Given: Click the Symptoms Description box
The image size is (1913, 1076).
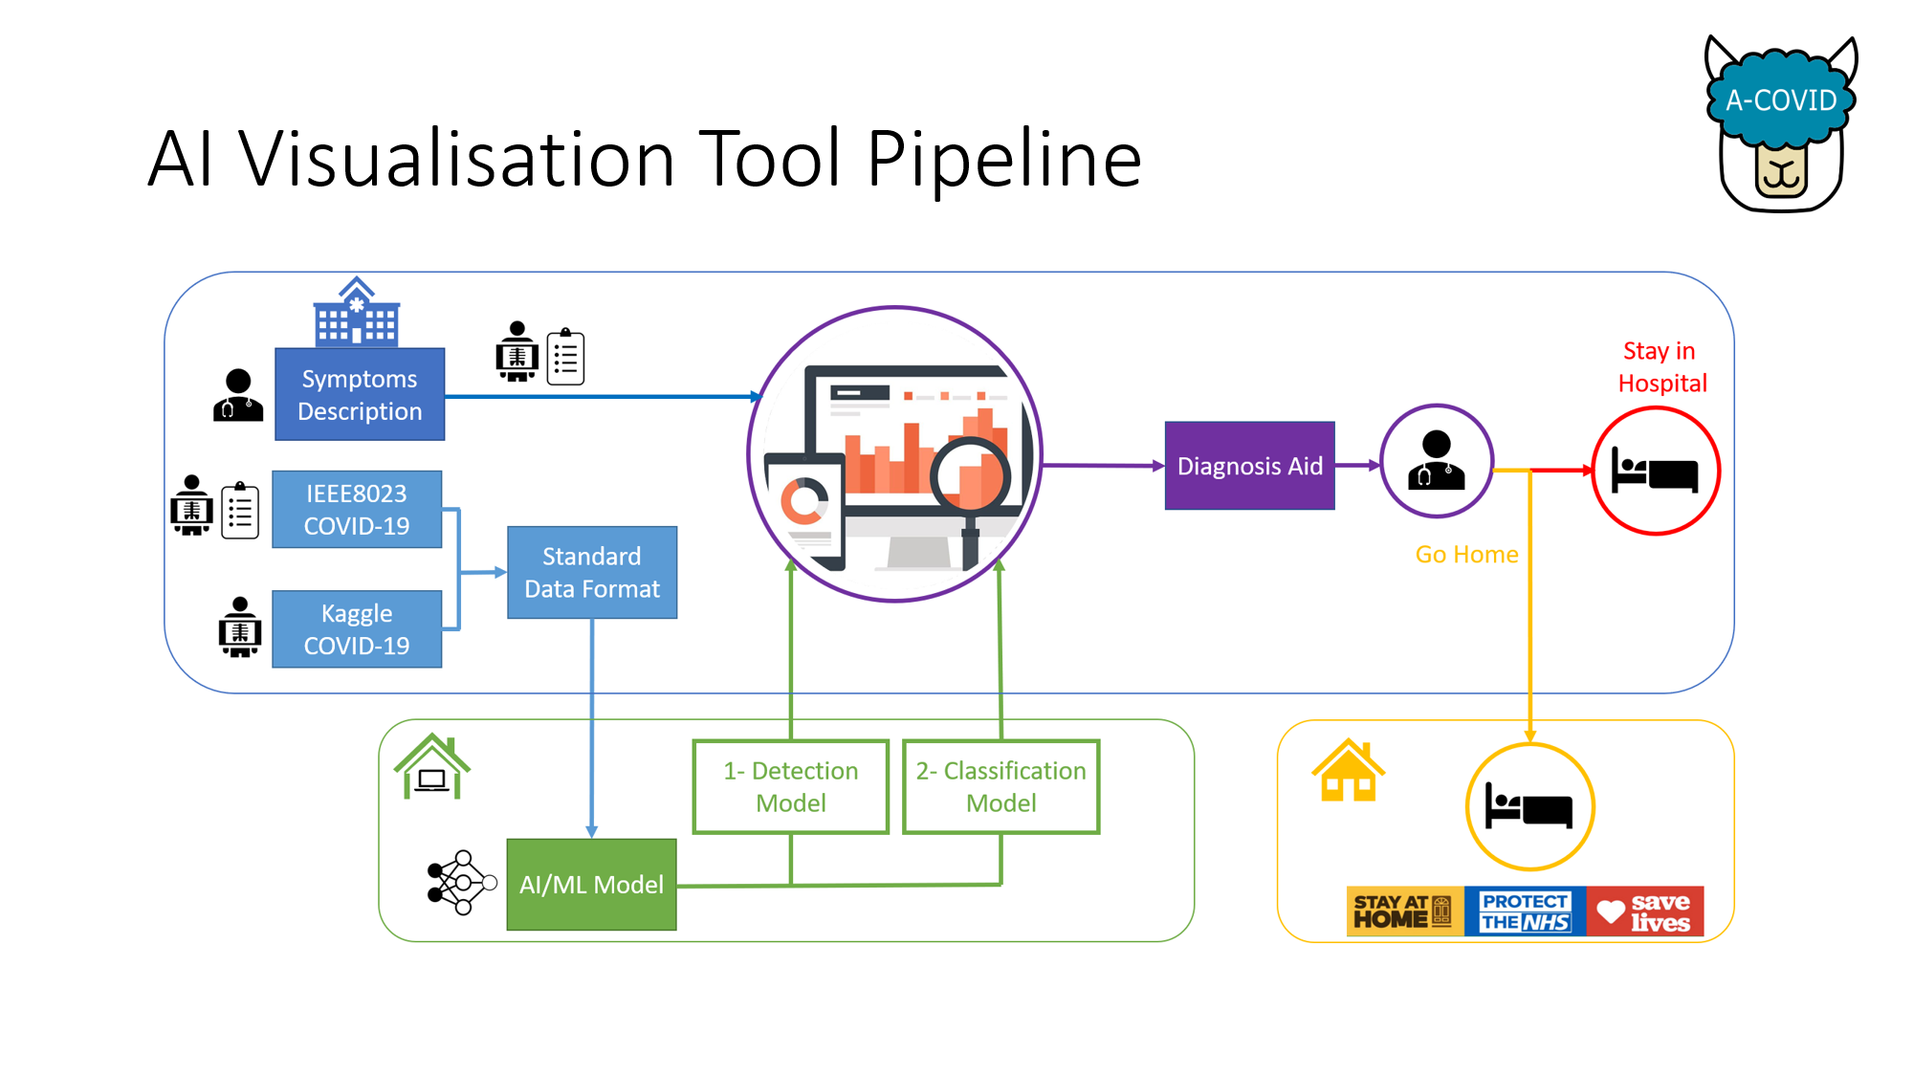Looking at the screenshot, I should click(x=360, y=394).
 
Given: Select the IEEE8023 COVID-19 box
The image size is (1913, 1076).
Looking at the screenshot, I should click(x=357, y=509).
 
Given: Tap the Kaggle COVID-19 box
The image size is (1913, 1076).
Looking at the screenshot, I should click(x=357, y=628).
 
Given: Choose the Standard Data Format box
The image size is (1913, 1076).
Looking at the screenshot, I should click(x=592, y=572).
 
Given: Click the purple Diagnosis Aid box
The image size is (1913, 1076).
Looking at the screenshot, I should click(x=1249, y=466).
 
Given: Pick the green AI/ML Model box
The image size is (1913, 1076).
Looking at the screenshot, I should click(x=591, y=884).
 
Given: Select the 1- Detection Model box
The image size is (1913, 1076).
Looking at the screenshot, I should click(x=791, y=786).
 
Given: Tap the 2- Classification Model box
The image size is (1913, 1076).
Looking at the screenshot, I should click(x=1001, y=786).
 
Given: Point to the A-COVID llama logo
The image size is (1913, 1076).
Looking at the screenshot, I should click(x=1781, y=124).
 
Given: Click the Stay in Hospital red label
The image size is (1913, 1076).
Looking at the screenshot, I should click(x=1661, y=367).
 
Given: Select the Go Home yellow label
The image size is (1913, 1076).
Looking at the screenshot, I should click(x=1466, y=555).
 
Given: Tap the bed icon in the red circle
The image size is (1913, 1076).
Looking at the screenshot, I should click(x=1655, y=471).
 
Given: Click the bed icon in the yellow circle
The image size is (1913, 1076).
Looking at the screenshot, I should click(x=1528, y=805).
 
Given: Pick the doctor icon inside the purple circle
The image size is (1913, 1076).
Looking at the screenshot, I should click(x=1436, y=461).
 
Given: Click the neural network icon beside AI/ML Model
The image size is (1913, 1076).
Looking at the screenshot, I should click(x=461, y=882).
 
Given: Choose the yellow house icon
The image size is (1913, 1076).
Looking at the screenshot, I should click(x=1348, y=770).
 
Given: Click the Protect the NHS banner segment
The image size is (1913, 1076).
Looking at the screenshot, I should click(x=1525, y=911).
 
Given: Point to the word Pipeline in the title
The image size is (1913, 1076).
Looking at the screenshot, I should click(x=1004, y=159).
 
